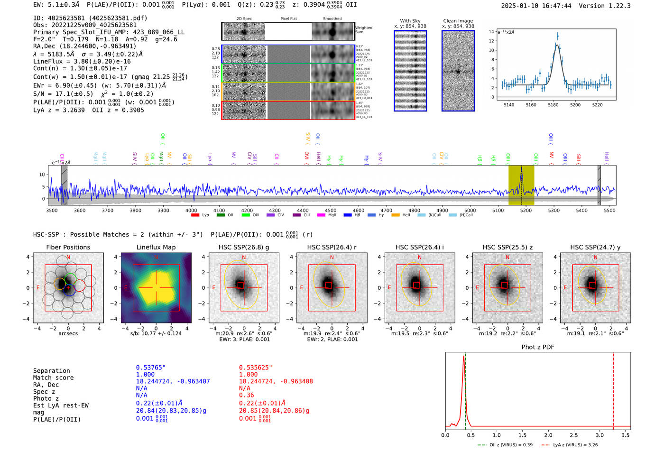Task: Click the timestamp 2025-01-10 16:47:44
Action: coord(536,6)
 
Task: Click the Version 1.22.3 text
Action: coord(605,6)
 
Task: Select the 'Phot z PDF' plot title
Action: coord(538,347)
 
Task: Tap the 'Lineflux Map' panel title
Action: coord(156,247)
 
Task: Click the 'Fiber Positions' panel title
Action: coord(68,247)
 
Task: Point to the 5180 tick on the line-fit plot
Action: coord(553,105)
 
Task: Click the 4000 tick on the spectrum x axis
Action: coord(191,210)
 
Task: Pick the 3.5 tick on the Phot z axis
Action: coord(626,435)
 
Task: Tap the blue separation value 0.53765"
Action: coord(150,368)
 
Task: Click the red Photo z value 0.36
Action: coord(246,395)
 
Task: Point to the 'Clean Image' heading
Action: coord(458,21)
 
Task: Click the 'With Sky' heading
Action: coord(410,21)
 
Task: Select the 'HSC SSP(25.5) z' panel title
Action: coord(507,247)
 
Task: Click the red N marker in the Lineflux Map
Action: coord(156,258)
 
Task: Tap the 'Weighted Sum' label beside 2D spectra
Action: coord(364,29)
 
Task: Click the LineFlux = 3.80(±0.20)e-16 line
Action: coord(82,61)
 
